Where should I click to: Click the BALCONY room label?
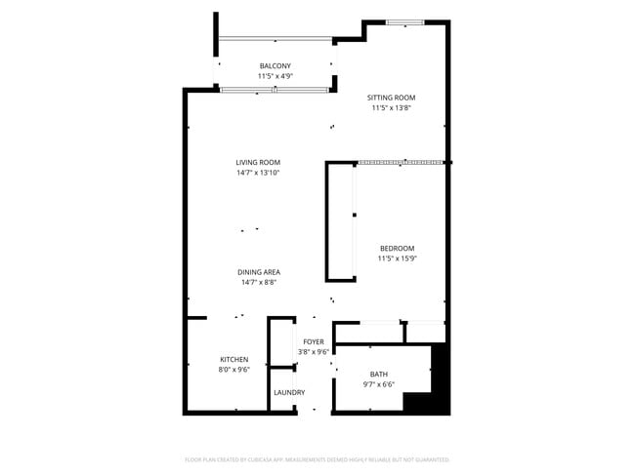(x=275, y=65)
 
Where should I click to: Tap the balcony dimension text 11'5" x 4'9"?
(x=275, y=76)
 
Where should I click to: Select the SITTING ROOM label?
(x=391, y=98)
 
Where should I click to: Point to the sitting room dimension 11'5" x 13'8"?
(x=391, y=108)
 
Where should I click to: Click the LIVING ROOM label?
(x=258, y=162)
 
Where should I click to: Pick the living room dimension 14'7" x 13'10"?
(x=258, y=173)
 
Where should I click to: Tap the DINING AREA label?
(x=259, y=272)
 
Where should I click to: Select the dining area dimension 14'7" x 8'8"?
(x=259, y=283)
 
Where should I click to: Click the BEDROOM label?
(x=397, y=248)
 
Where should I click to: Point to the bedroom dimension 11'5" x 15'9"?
(x=397, y=258)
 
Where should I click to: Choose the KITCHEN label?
(x=233, y=359)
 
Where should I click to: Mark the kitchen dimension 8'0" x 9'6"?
(x=233, y=370)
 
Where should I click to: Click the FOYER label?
(x=313, y=341)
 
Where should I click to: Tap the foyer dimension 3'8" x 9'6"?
(x=313, y=352)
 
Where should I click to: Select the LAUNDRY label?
(x=289, y=393)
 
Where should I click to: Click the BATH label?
(x=378, y=375)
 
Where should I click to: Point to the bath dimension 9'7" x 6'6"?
(x=378, y=385)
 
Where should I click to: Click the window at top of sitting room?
(x=404, y=22)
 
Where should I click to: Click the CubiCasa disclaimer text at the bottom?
(x=317, y=458)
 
